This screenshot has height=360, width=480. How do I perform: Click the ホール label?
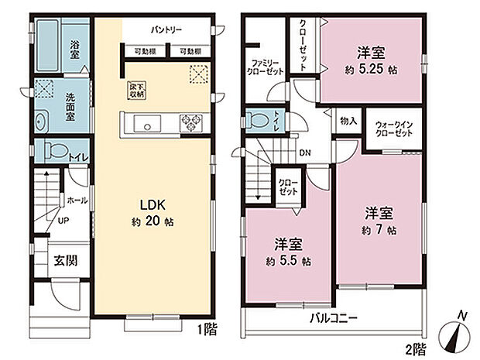(x=77, y=200)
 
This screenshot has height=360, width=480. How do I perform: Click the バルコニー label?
(x=334, y=317)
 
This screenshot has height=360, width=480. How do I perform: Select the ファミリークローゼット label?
(x=266, y=67)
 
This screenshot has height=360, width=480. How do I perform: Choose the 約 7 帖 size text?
(x=379, y=230)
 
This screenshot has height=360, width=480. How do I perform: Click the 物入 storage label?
(x=348, y=122)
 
